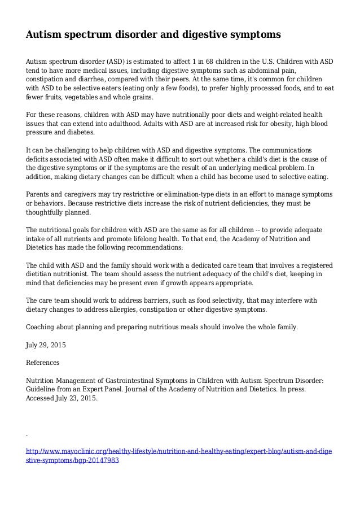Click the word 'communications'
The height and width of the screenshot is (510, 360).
[286, 150]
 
